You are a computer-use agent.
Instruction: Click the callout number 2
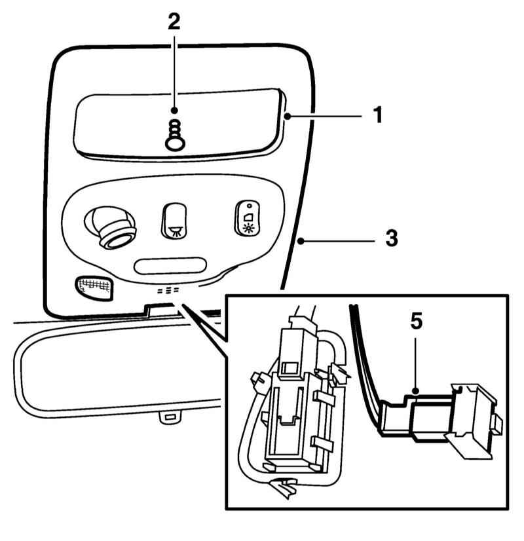point(173,22)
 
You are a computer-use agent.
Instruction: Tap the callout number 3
point(391,238)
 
